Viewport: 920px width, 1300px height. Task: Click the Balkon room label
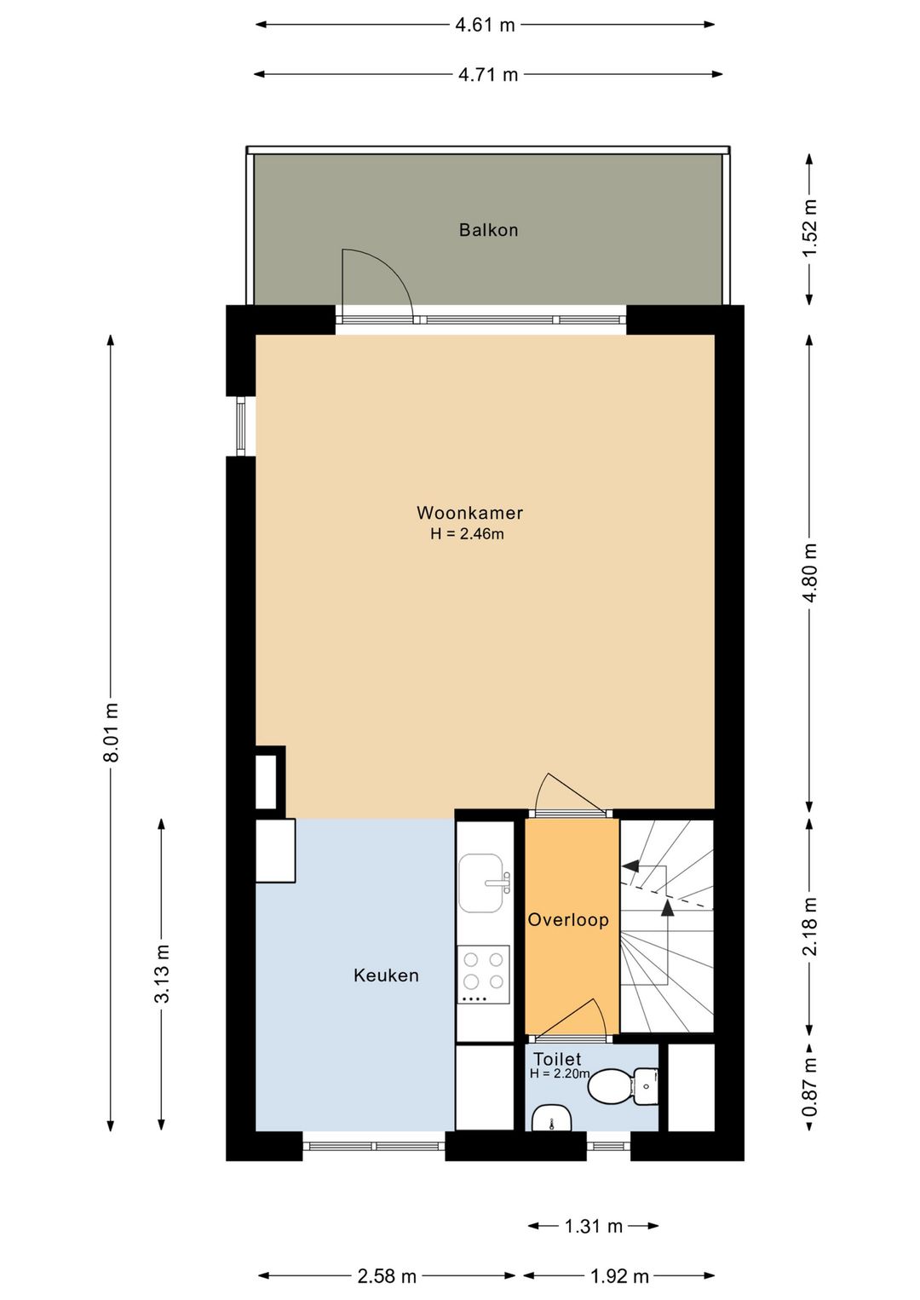click(488, 230)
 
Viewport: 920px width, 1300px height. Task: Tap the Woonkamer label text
click(469, 513)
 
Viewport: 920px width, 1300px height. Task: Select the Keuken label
click(386, 975)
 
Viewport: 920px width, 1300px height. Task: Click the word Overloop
click(568, 919)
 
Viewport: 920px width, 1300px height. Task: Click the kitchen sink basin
click(481, 883)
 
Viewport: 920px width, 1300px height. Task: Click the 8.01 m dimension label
click(112, 732)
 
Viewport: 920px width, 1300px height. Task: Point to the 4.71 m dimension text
click(487, 74)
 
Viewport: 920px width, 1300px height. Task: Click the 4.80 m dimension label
click(810, 572)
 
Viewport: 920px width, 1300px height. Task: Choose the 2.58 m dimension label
click(387, 1276)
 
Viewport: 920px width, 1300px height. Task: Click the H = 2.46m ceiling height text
click(467, 534)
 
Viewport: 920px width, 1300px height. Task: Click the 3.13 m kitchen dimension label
click(162, 973)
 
